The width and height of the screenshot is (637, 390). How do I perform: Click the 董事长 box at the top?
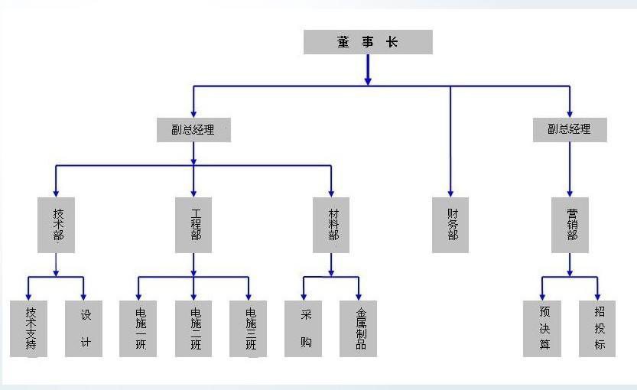click(368, 42)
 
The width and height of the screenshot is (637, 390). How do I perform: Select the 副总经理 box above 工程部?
click(193, 130)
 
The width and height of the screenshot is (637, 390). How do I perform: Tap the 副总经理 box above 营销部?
click(570, 130)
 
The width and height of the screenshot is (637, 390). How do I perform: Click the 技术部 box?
click(56, 225)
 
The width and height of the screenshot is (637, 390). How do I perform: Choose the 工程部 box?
click(193, 225)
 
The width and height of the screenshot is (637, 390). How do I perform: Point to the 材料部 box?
click(331, 225)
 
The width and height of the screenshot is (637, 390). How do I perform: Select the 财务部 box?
click(450, 225)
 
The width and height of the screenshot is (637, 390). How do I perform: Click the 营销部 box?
click(570, 225)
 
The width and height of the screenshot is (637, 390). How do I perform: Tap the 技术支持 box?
click(28, 328)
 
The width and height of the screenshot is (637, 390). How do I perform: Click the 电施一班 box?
click(138, 328)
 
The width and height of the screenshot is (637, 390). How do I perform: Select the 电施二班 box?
click(193, 328)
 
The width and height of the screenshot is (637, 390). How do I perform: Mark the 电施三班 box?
click(249, 328)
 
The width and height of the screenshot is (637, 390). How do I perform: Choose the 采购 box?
click(304, 328)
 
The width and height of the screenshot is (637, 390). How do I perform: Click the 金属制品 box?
click(359, 328)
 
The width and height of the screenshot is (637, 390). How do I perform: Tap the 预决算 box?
click(542, 328)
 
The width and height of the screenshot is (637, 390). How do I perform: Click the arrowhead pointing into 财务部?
click(450, 193)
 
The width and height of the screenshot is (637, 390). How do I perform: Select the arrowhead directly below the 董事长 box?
click(368, 80)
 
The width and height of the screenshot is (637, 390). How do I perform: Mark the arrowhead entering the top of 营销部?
click(570, 193)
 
